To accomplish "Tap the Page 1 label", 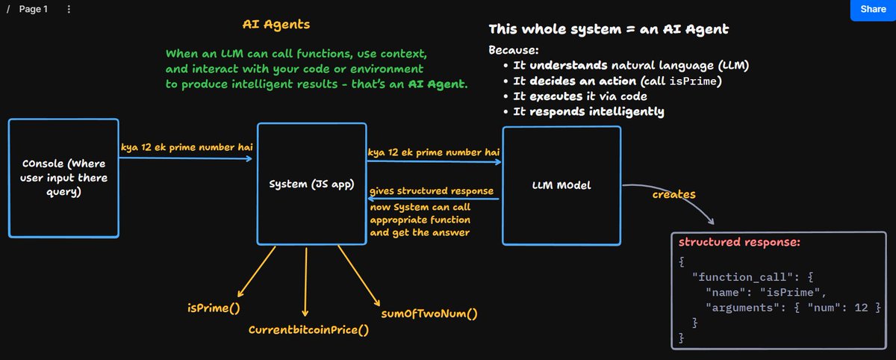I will pyautogui.click(x=34, y=10).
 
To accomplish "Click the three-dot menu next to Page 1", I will pyautogui.click(x=69, y=10).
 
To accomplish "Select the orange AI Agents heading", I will pyautogui.click(x=276, y=25).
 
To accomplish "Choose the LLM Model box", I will pyautogui.click(x=561, y=185).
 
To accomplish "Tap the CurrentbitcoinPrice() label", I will pyautogui.click(x=308, y=329).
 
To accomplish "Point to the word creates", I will pyautogui.click(x=673, y=194).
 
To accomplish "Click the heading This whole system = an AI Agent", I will pyautogui.click(x=609, y=30).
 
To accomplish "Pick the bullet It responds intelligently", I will pyautogui.click(x=588, y=112).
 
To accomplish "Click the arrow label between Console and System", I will pyautogui.click(x=185, y=147).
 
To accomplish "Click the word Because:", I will pyautogui.click(x=513, y=51).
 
